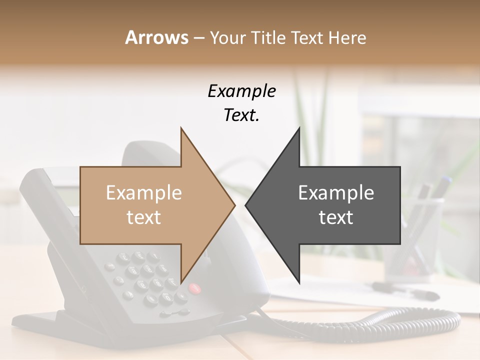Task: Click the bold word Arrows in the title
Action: (x=156, y=37)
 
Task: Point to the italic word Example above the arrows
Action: (x=241, y=91)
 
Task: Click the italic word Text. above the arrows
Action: (x=241, y=115)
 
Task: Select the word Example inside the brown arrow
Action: (x=143, y=193)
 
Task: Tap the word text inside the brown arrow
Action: (x=143, y=217)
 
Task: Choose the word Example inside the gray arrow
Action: (x=336, y=193)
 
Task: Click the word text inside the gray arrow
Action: (x=336, y=217)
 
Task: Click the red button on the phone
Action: (x=194, y=288)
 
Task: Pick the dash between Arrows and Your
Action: (x=198, y=38)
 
